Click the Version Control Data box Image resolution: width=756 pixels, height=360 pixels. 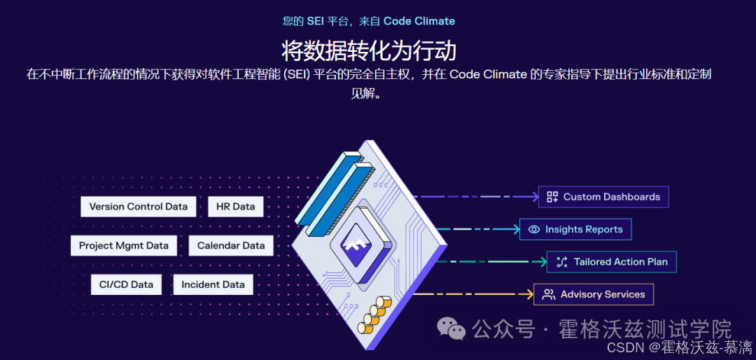[139, 207]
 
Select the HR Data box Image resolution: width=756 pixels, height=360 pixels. [235, 207]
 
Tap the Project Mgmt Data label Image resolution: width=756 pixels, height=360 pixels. [123, 246]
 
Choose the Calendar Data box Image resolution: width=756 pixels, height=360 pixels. [231, 246]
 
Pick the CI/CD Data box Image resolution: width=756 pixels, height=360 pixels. [126, 284]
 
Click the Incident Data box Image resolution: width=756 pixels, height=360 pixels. [213, 284]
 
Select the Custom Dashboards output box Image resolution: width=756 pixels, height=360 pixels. [603, 197]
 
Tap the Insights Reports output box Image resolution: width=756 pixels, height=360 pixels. [575, 229]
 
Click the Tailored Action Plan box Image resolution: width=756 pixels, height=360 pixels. [612, 262]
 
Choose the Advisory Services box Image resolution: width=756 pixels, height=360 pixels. [594, 294]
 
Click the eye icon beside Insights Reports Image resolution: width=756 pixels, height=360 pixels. [534, 229]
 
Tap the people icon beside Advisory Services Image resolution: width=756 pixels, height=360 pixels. [549, 294]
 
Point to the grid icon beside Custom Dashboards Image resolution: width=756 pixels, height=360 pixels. [552, 197]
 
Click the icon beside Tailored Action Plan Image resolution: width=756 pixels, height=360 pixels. [561, 262]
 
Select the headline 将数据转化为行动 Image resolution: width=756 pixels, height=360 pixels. [369, 51]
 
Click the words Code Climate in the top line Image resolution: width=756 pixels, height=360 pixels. [419, 21]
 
